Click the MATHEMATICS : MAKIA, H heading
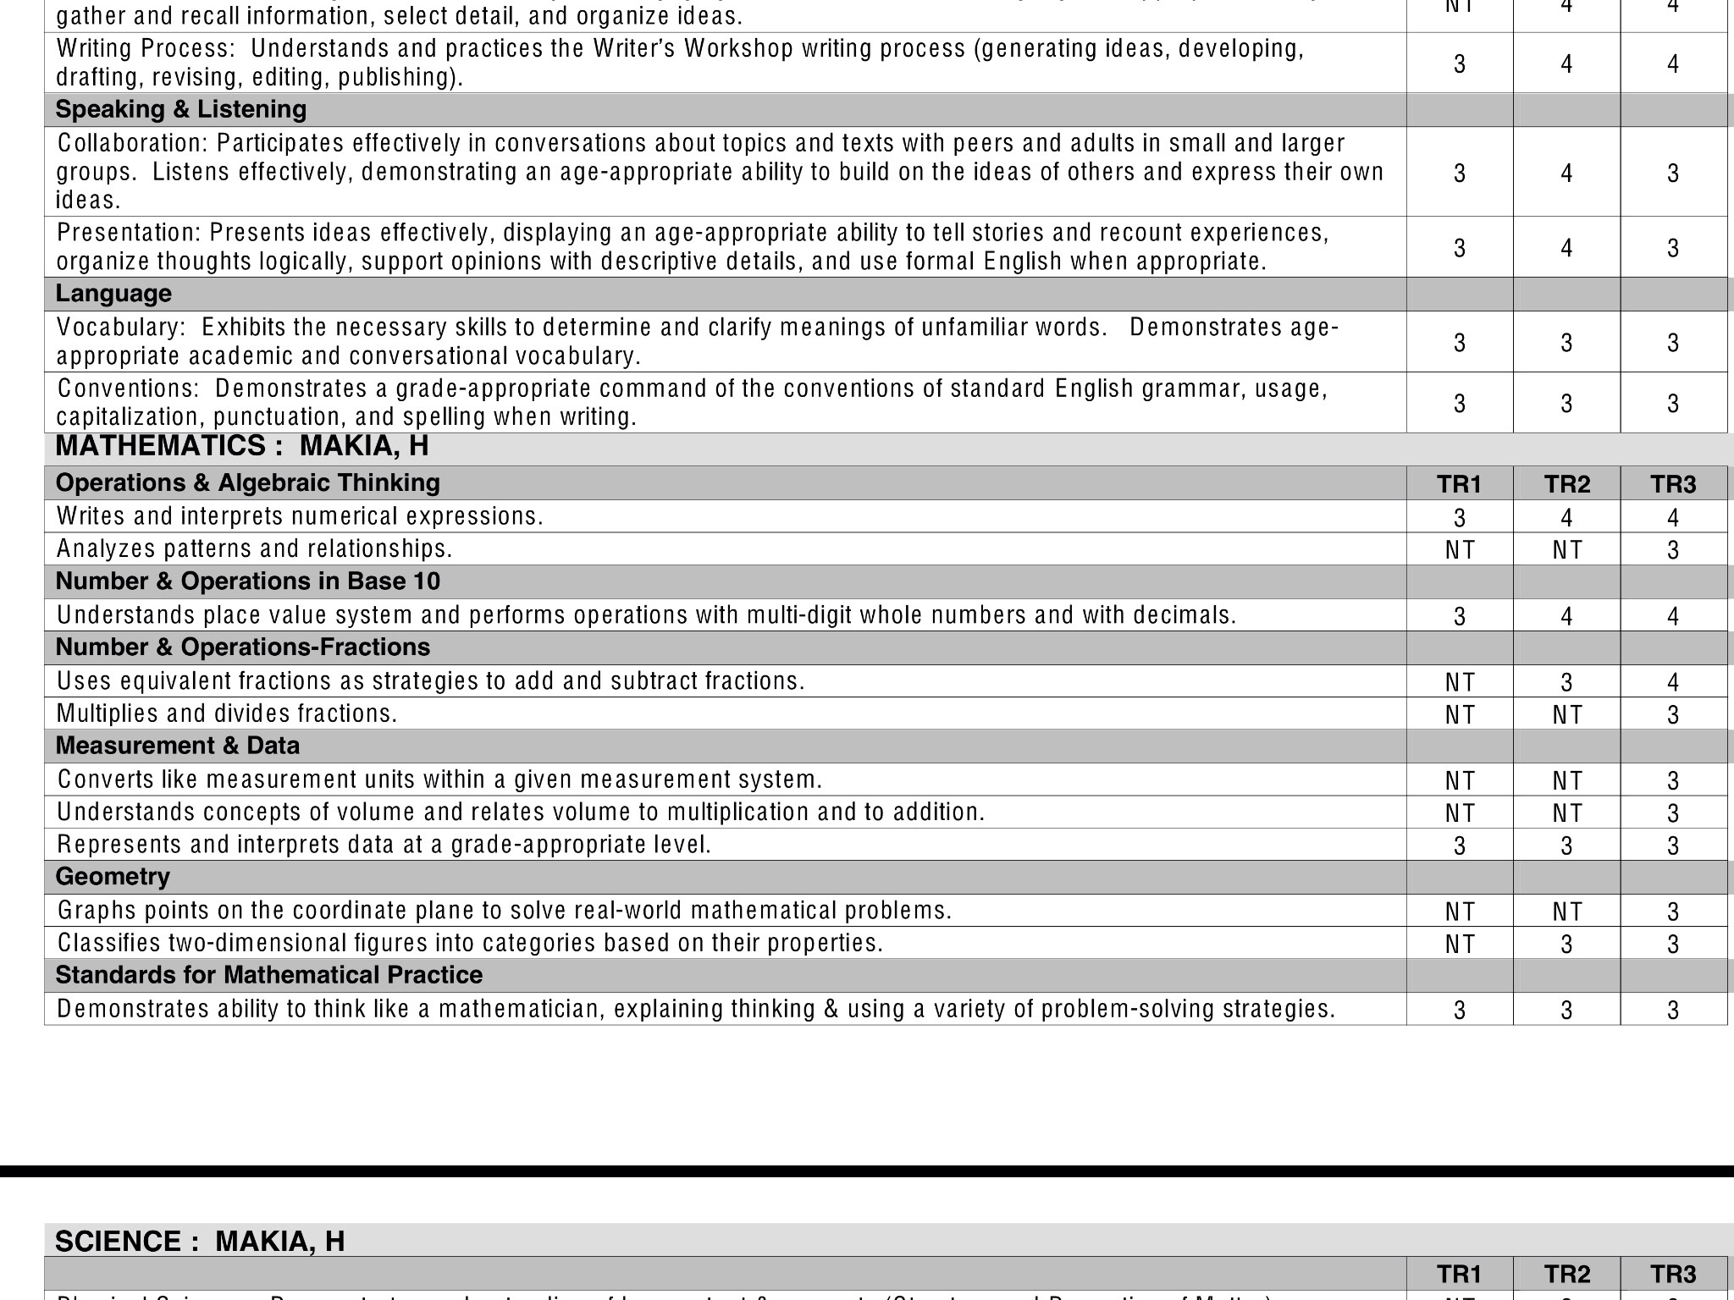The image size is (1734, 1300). tap(241, 446)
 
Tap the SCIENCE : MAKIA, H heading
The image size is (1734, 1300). tap(200, 1241)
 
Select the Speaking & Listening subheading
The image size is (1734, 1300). tap(181, 110)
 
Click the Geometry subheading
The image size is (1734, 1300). tap(113, 877)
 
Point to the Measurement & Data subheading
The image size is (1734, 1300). tap(178, 746)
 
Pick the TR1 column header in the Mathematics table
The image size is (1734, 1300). tap(1459, 484)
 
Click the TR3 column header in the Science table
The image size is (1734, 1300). tap(1673, 1275)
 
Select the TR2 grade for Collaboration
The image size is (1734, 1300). tap(1566, 174)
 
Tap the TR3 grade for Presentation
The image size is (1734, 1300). tap(1673, 248)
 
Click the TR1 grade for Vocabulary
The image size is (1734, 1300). tap(1459, 343)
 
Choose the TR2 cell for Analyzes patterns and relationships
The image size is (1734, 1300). tap(1566, 550)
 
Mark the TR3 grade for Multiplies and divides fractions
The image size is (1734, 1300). tap(1673, 715)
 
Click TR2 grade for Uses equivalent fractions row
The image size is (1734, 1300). tap(1566, 682)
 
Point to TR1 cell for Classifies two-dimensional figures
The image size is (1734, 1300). tap(1459, 944)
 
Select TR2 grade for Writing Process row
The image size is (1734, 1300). tap(1566, 64)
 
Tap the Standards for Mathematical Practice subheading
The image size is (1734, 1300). tap(268, 975)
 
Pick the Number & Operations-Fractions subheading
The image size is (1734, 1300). tap(242, 647)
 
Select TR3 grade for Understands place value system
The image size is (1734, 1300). tap(1673, 616)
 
